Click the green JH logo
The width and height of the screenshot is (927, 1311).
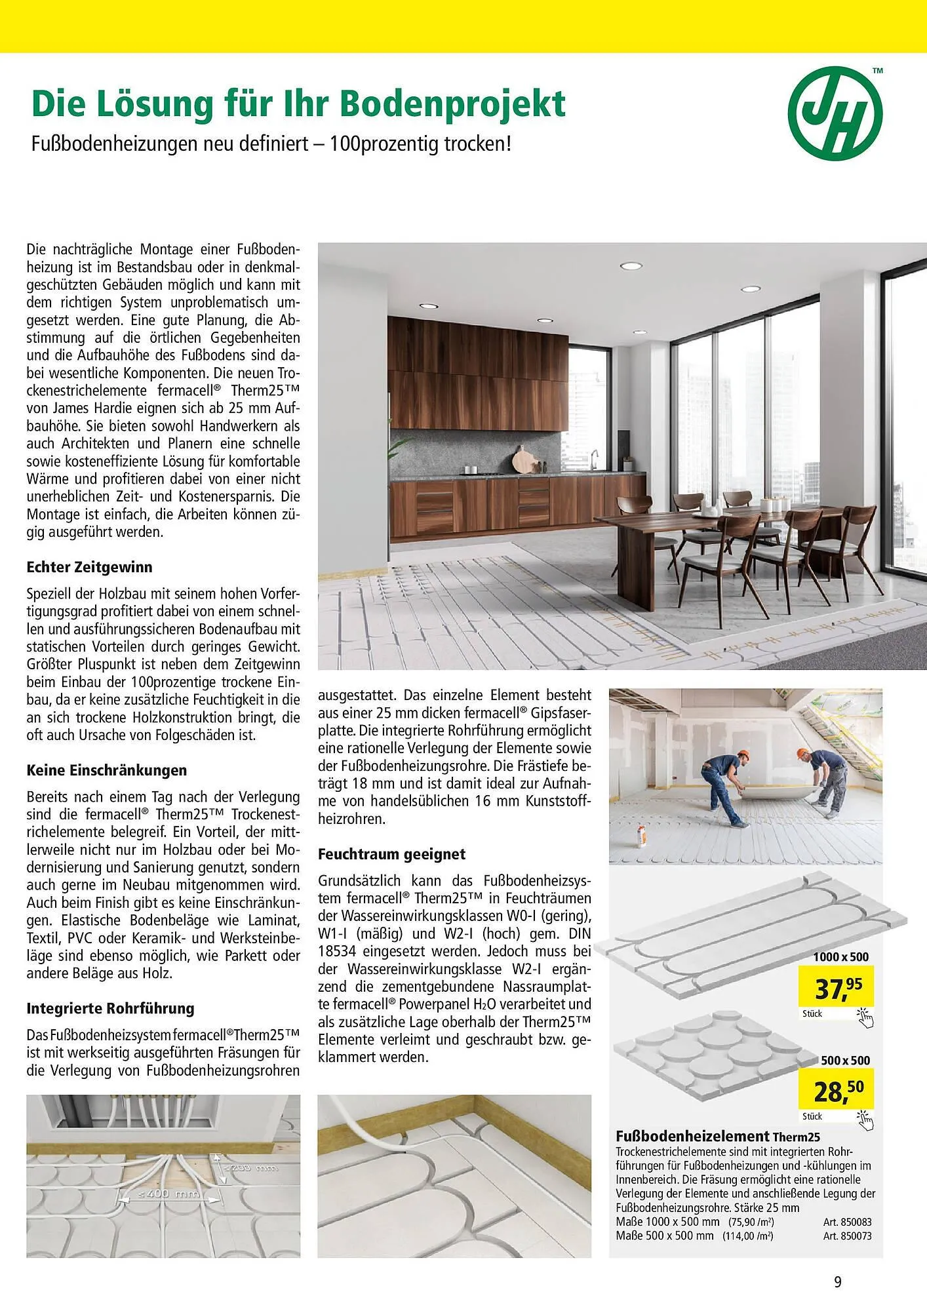click(x=835, y=113)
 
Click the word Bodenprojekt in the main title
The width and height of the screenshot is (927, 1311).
click(x=452, y=104)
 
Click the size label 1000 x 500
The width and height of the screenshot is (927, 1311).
click(x=840, y=957)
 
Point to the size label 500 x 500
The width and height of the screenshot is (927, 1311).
click(x=845, y=1060)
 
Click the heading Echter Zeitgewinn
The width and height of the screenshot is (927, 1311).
click(x=89, y=567)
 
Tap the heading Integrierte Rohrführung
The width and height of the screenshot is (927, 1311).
click(x=110, y=1008)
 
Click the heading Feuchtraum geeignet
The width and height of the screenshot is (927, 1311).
click(x=391, y=854)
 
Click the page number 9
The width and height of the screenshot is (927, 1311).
click(x=838, y=1282)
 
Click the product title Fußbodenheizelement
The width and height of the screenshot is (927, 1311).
click(x=692, y=1136)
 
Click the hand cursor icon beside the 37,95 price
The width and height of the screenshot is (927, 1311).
click(x=865, y=1017)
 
